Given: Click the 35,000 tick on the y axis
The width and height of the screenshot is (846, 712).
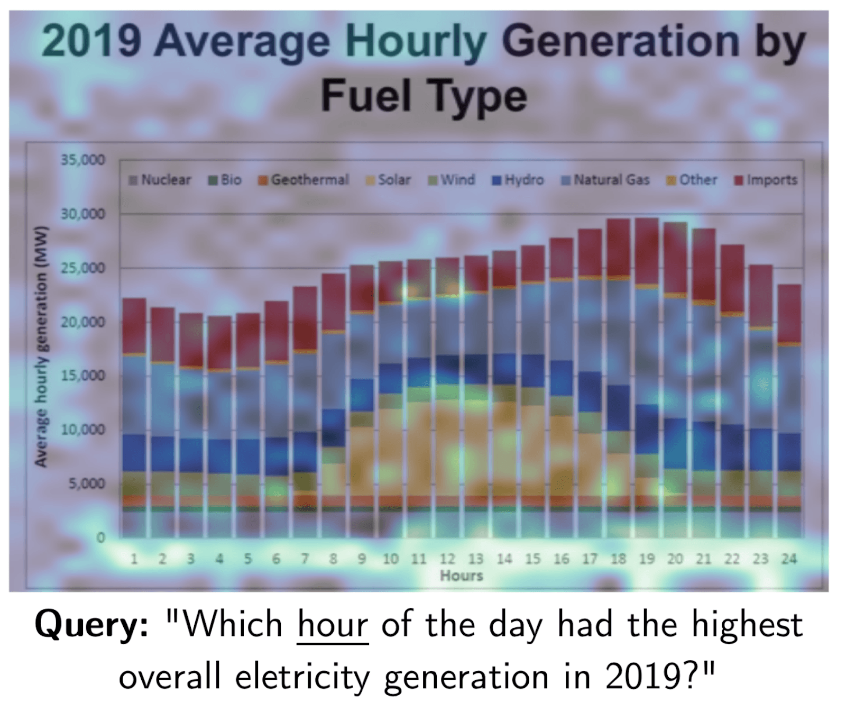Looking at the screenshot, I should click(x=83, y=160).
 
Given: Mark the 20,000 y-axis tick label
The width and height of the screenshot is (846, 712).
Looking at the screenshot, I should click(x=83, y=322).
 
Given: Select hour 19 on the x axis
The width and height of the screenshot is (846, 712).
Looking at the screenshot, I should click(x=647, y=559).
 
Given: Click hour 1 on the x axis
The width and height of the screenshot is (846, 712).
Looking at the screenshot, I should click(x=134, y=559).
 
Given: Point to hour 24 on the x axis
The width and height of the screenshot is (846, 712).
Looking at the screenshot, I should click(x=788, y=559).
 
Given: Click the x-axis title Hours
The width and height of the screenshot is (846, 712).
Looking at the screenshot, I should click(x=462, y=576).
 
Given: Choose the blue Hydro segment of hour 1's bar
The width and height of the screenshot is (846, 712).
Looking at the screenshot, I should click(x=134, y=453).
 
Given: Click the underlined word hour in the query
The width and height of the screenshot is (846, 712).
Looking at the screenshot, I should click(x=333, y=625).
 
